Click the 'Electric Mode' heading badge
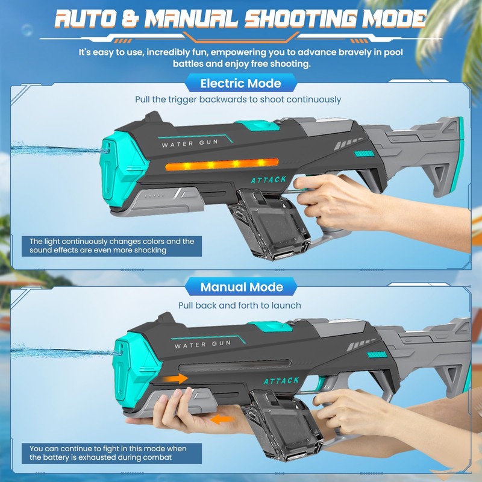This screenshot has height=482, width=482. tap(240, 83)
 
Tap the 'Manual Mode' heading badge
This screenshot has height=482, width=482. tap(240, 287)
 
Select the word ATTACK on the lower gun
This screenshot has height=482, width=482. tap(281, 381)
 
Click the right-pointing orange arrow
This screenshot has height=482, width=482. tap(175, 378)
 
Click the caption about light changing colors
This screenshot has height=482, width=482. tap(111, 246)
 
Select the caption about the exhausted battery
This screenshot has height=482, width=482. tap(108, 453)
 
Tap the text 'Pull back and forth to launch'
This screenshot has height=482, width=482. tap(240, 305)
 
